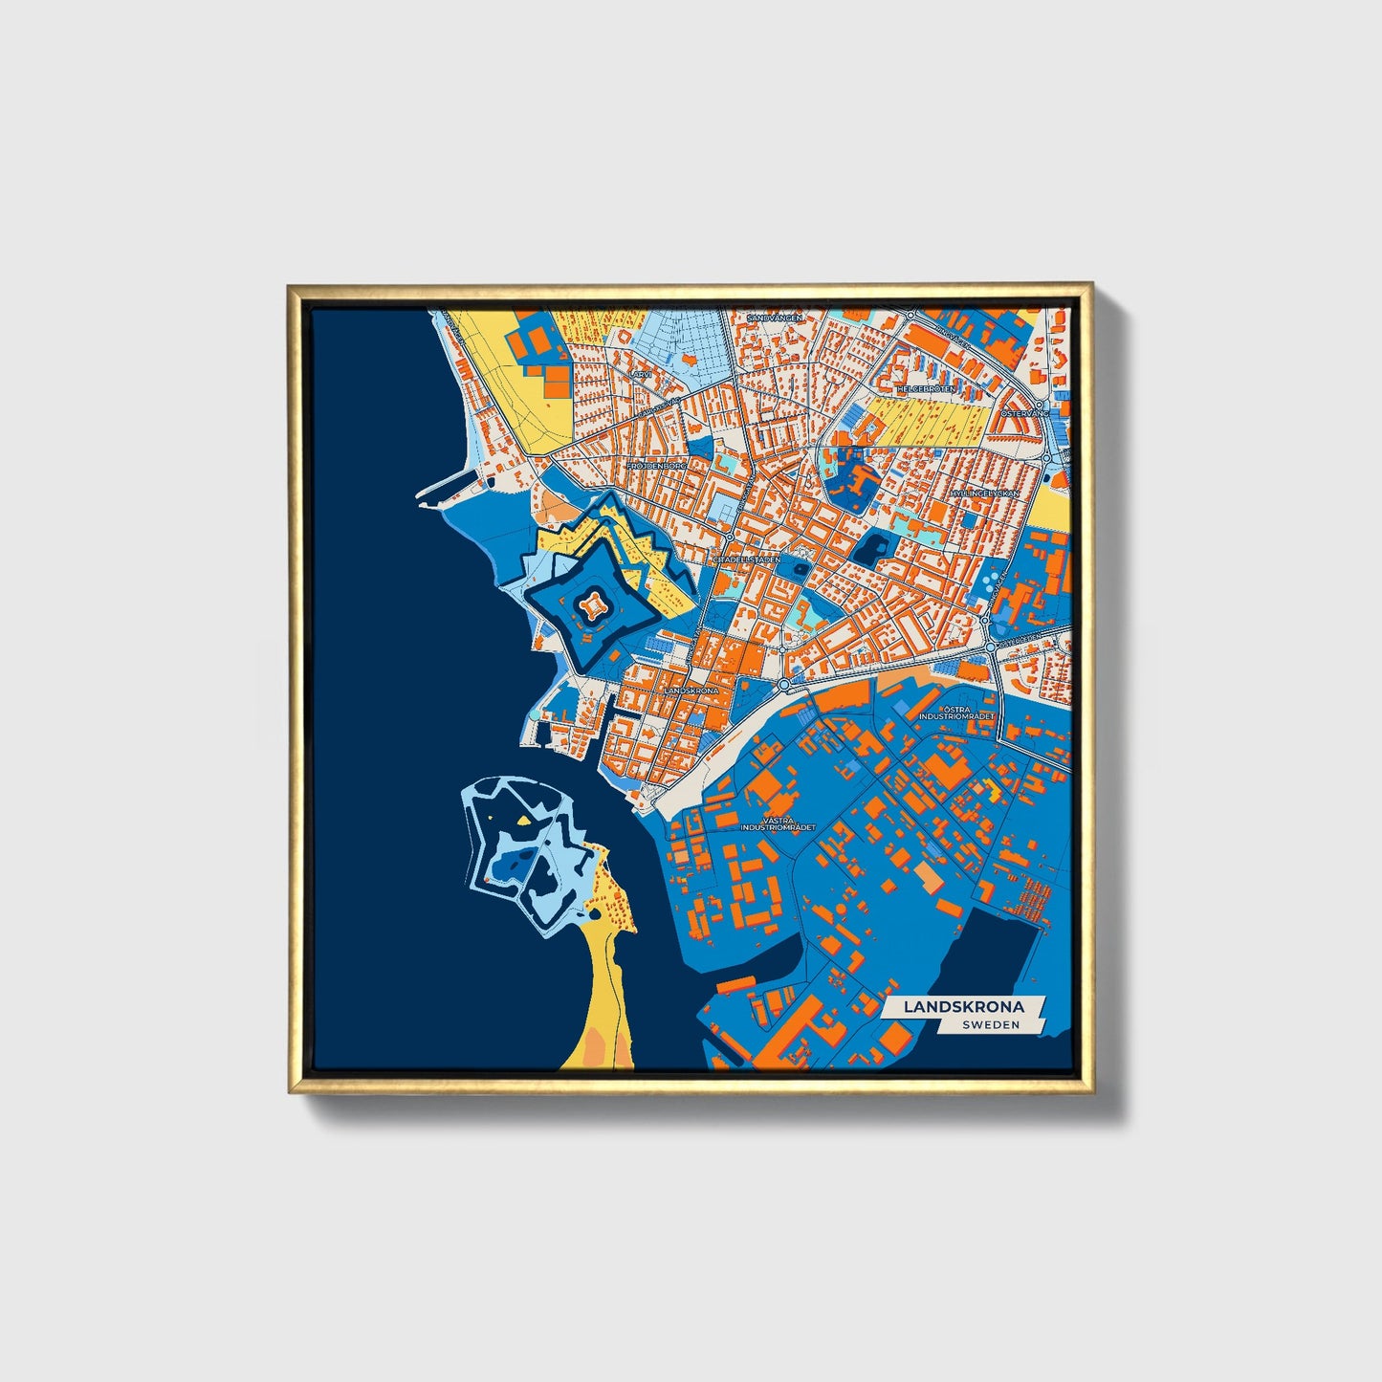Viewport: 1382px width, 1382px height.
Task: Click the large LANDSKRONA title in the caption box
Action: click(963, 1006)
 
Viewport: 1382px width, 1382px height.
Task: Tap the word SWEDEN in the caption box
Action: click(991, 1024)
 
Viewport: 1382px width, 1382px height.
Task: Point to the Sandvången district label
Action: click(775, 317)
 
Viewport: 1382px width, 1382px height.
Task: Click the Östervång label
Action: click(1024, 413)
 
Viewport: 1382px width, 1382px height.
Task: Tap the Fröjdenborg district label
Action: click(656, 466)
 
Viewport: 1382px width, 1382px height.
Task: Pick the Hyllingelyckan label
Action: click(984, 494)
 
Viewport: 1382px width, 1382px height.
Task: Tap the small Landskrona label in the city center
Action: click(690, 690)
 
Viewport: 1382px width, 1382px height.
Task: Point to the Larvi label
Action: click(641, 375)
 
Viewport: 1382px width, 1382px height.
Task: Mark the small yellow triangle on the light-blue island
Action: click(524, 820)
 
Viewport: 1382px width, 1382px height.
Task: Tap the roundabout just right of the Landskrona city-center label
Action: click(783, 685)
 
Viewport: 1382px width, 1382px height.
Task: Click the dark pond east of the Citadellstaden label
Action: click(872, 549)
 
